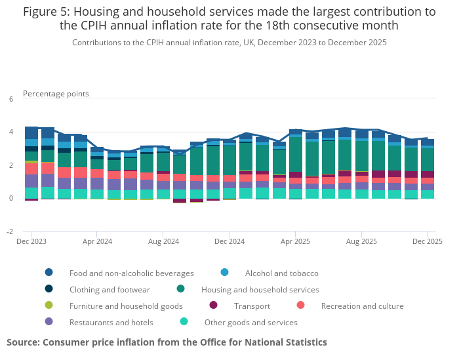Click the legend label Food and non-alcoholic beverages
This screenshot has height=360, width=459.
131,273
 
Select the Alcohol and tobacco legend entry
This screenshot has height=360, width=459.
281,273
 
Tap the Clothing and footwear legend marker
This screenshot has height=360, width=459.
49,289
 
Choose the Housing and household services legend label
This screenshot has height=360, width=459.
260,289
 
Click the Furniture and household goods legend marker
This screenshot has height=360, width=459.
49,306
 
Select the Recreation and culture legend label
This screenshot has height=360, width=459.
362,306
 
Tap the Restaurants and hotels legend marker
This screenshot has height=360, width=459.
49,322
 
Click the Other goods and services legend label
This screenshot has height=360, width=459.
250,322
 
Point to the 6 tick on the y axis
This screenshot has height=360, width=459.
10,99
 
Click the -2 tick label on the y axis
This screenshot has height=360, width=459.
10,231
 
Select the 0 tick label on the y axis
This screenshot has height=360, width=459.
10,198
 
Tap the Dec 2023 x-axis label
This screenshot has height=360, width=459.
31,241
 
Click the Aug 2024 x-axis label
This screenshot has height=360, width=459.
163,241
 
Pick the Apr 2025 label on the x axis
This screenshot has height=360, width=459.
295,241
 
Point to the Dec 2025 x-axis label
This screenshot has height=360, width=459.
427,241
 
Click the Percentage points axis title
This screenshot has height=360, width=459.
56,94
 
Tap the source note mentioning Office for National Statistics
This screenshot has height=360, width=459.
167,342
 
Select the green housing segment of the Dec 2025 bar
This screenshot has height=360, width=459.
428,159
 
